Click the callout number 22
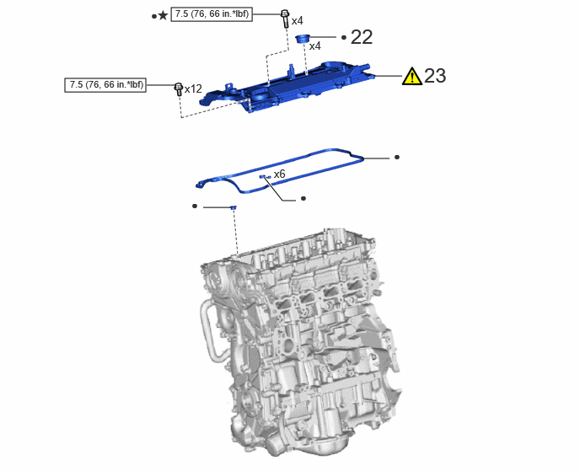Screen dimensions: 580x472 pos(362,37)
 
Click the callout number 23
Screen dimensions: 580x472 pos(435,76)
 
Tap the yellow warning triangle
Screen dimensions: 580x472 pos(411,76)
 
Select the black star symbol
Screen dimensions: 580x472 pos(163,15)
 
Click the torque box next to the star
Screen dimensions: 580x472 pos(212,14)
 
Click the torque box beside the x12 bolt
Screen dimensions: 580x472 pos(105,85)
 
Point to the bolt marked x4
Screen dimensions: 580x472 pos(285,19)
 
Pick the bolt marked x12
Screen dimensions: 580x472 pos(178,89)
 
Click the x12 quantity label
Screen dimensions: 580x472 pos(193,89)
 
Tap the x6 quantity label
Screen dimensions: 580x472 pos(279,174)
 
